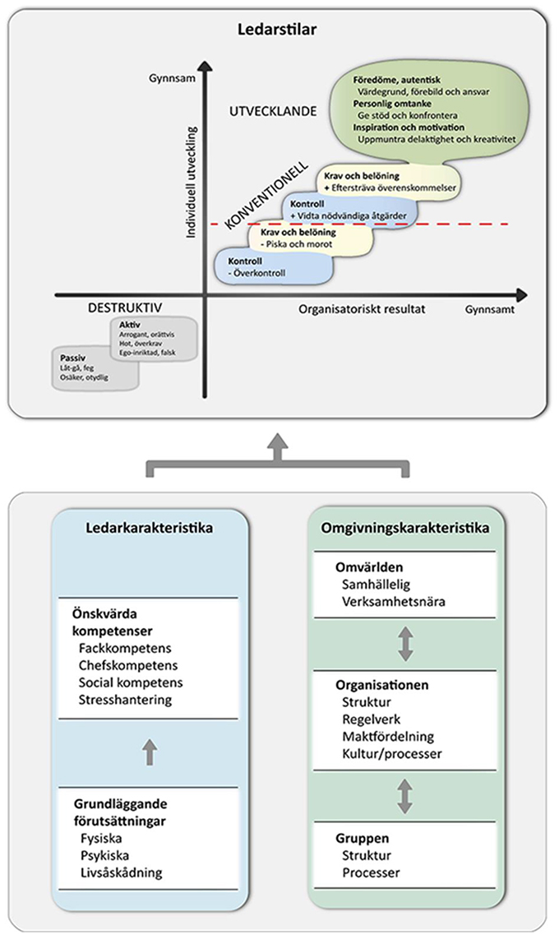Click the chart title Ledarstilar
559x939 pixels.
coord(279,30)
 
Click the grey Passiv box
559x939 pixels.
coord(93,369)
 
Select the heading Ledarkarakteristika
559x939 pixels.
coord(148,526)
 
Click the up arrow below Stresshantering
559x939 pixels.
coord(148,752)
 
